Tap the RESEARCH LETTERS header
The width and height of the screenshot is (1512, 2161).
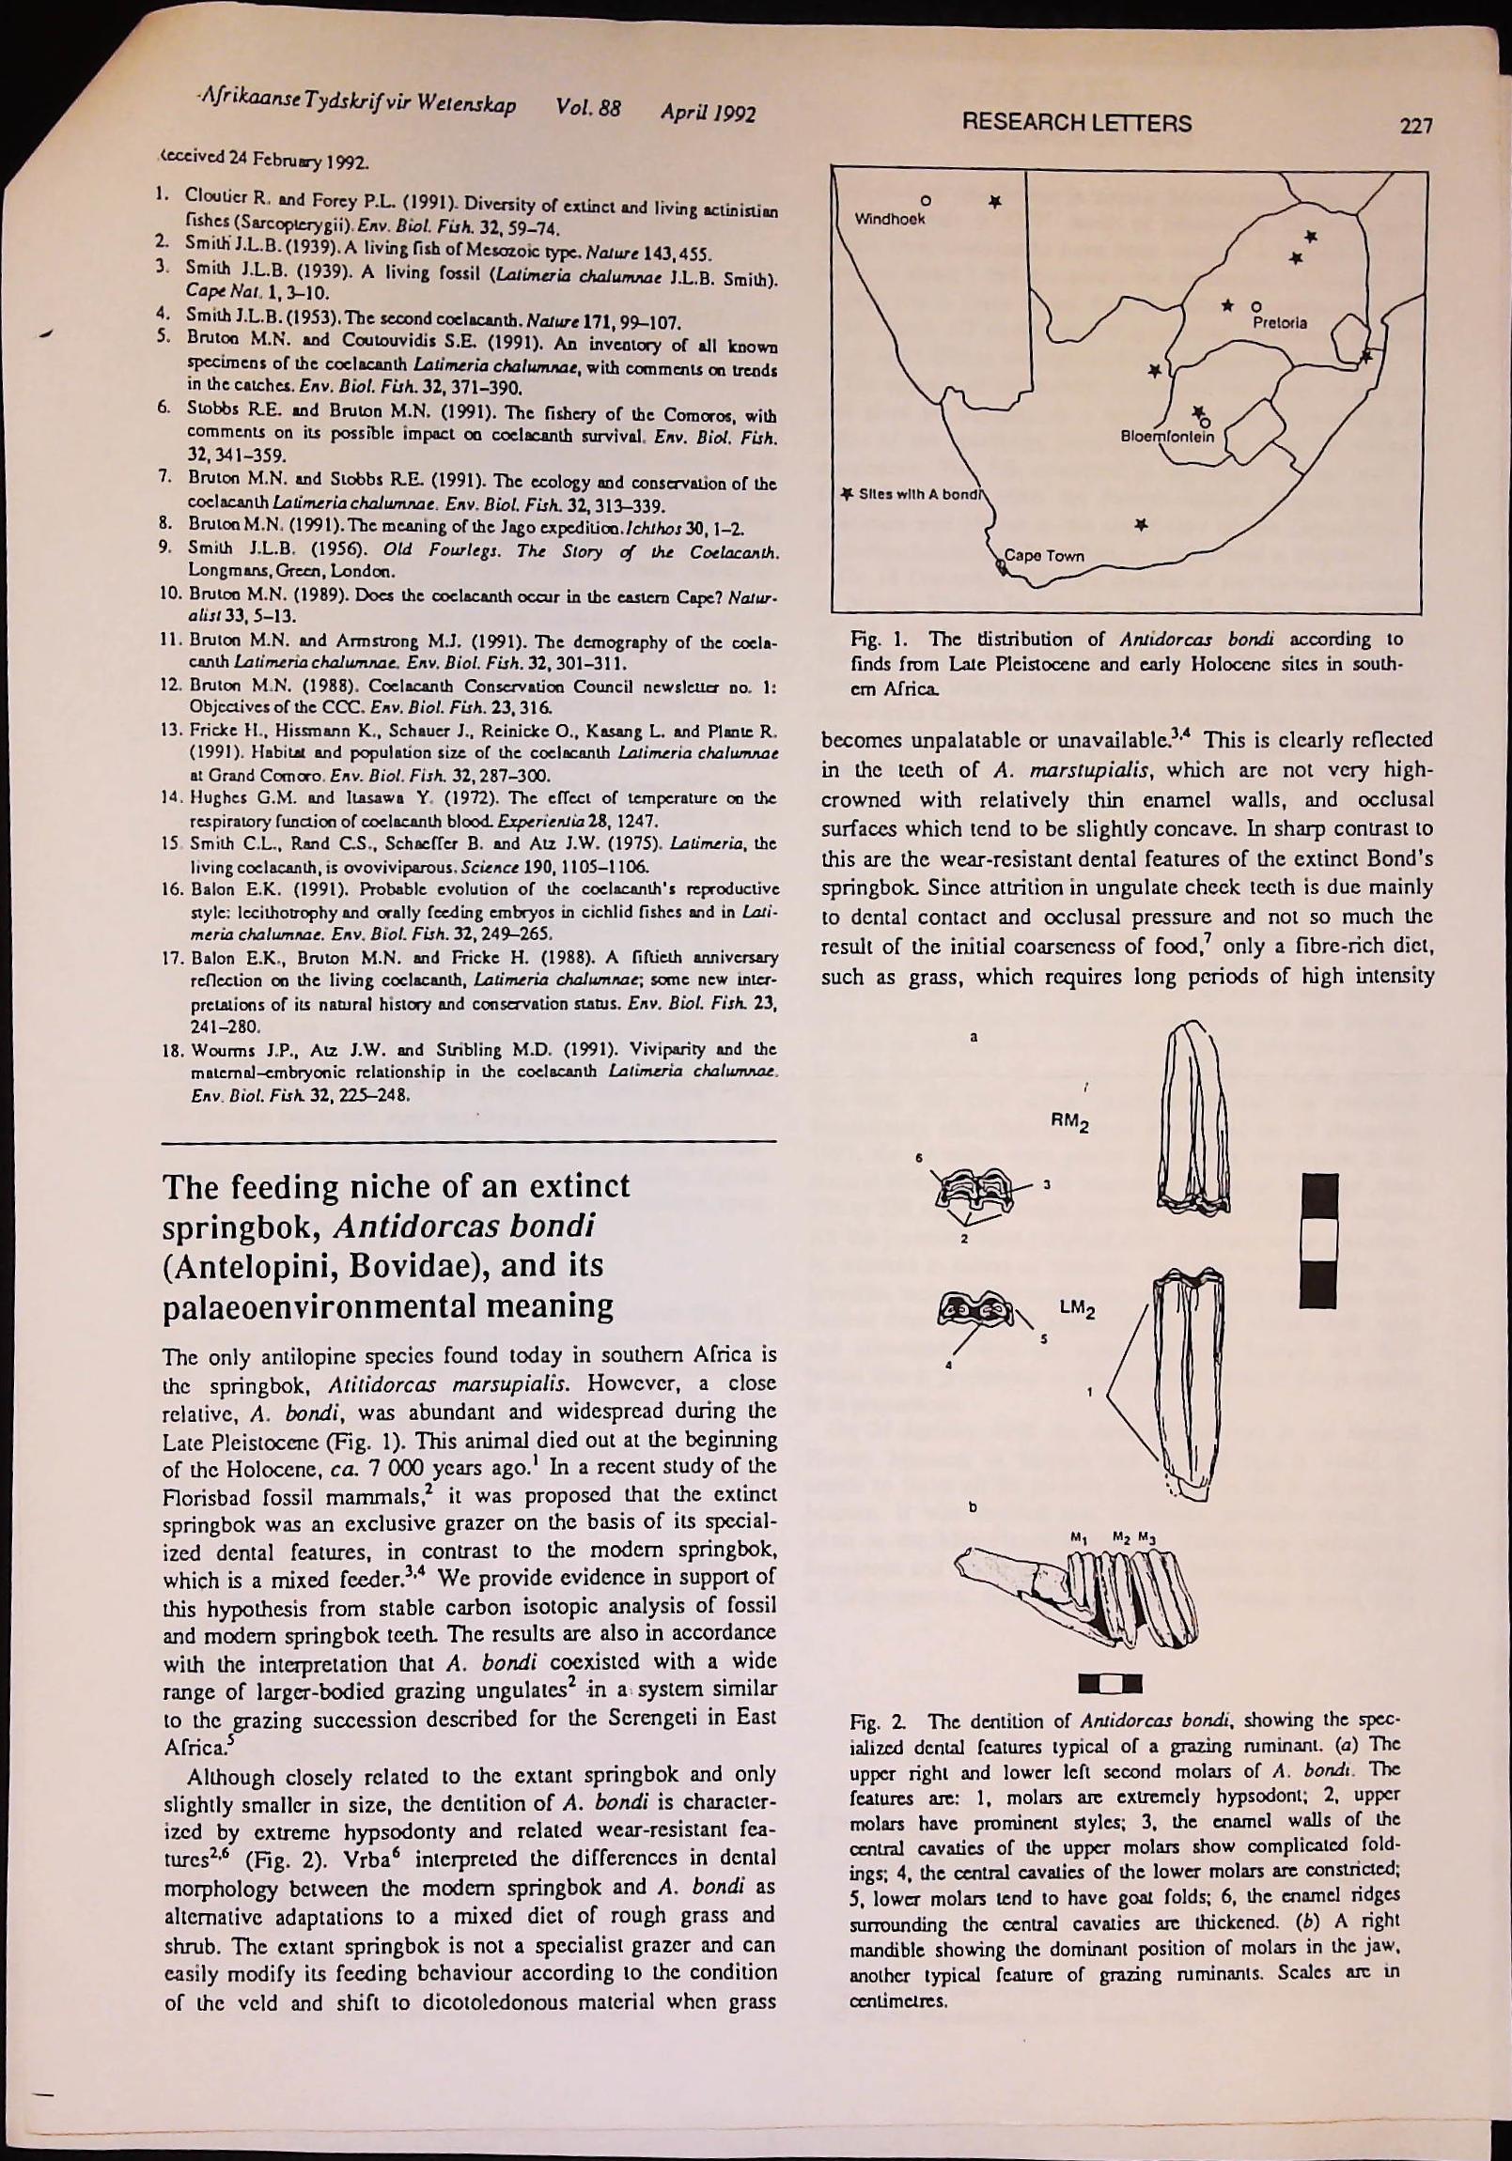pyautogui.click(x=1075, y=123)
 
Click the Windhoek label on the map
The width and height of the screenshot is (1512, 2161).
pyautogui.click(x=890, y=220)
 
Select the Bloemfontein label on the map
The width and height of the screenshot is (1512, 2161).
pyautogui.click(x=1168, y=436)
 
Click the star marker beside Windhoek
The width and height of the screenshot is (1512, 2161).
pyautogui.click(x=994, y=202)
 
